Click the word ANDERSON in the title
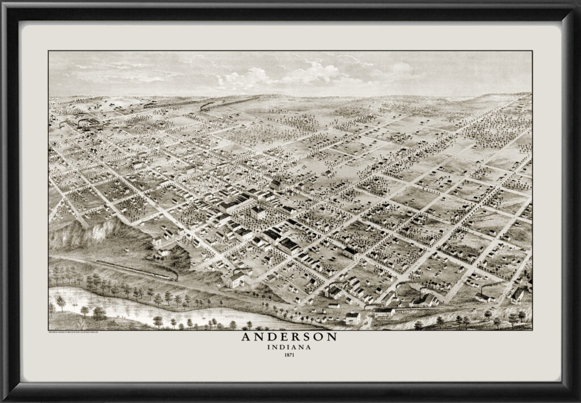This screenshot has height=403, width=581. pos(290,337)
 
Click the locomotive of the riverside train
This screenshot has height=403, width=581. pos(172,276)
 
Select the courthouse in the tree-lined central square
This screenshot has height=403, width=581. pos(259,212)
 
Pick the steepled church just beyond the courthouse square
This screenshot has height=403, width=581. pos(276,184)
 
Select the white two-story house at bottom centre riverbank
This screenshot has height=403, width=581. pos(352,318)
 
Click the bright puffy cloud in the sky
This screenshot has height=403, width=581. pos(318,73)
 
